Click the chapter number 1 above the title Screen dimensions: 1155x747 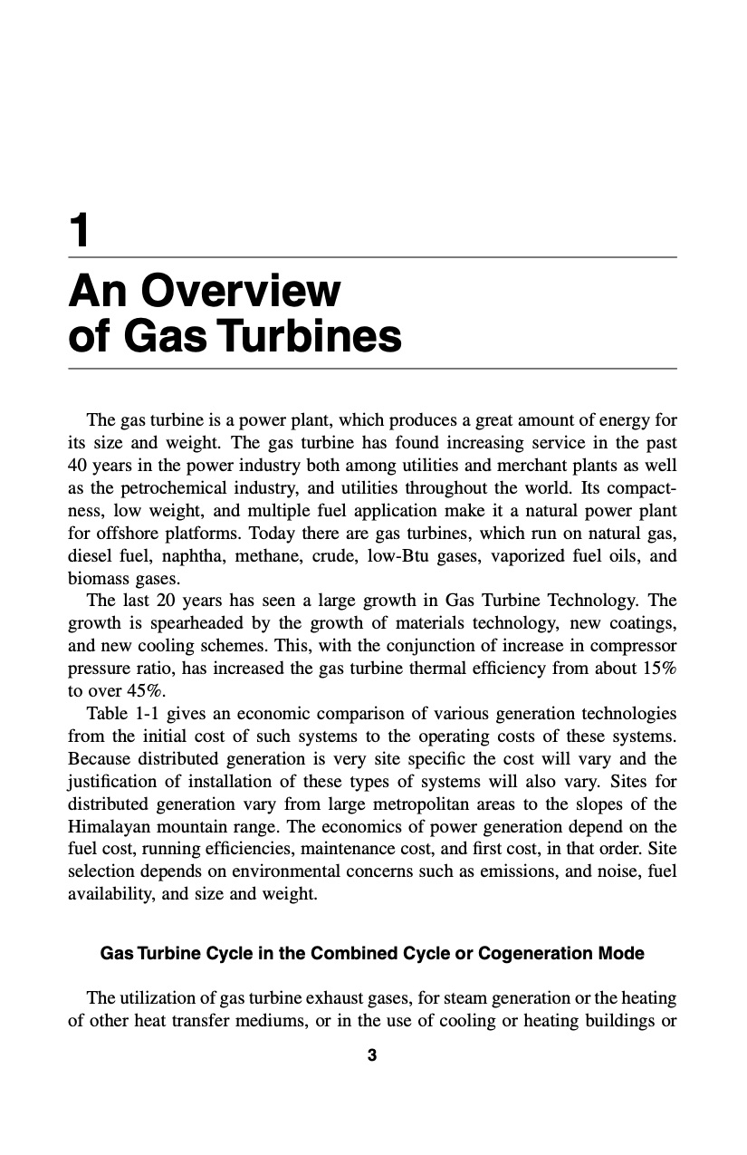(x=81, y=232)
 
